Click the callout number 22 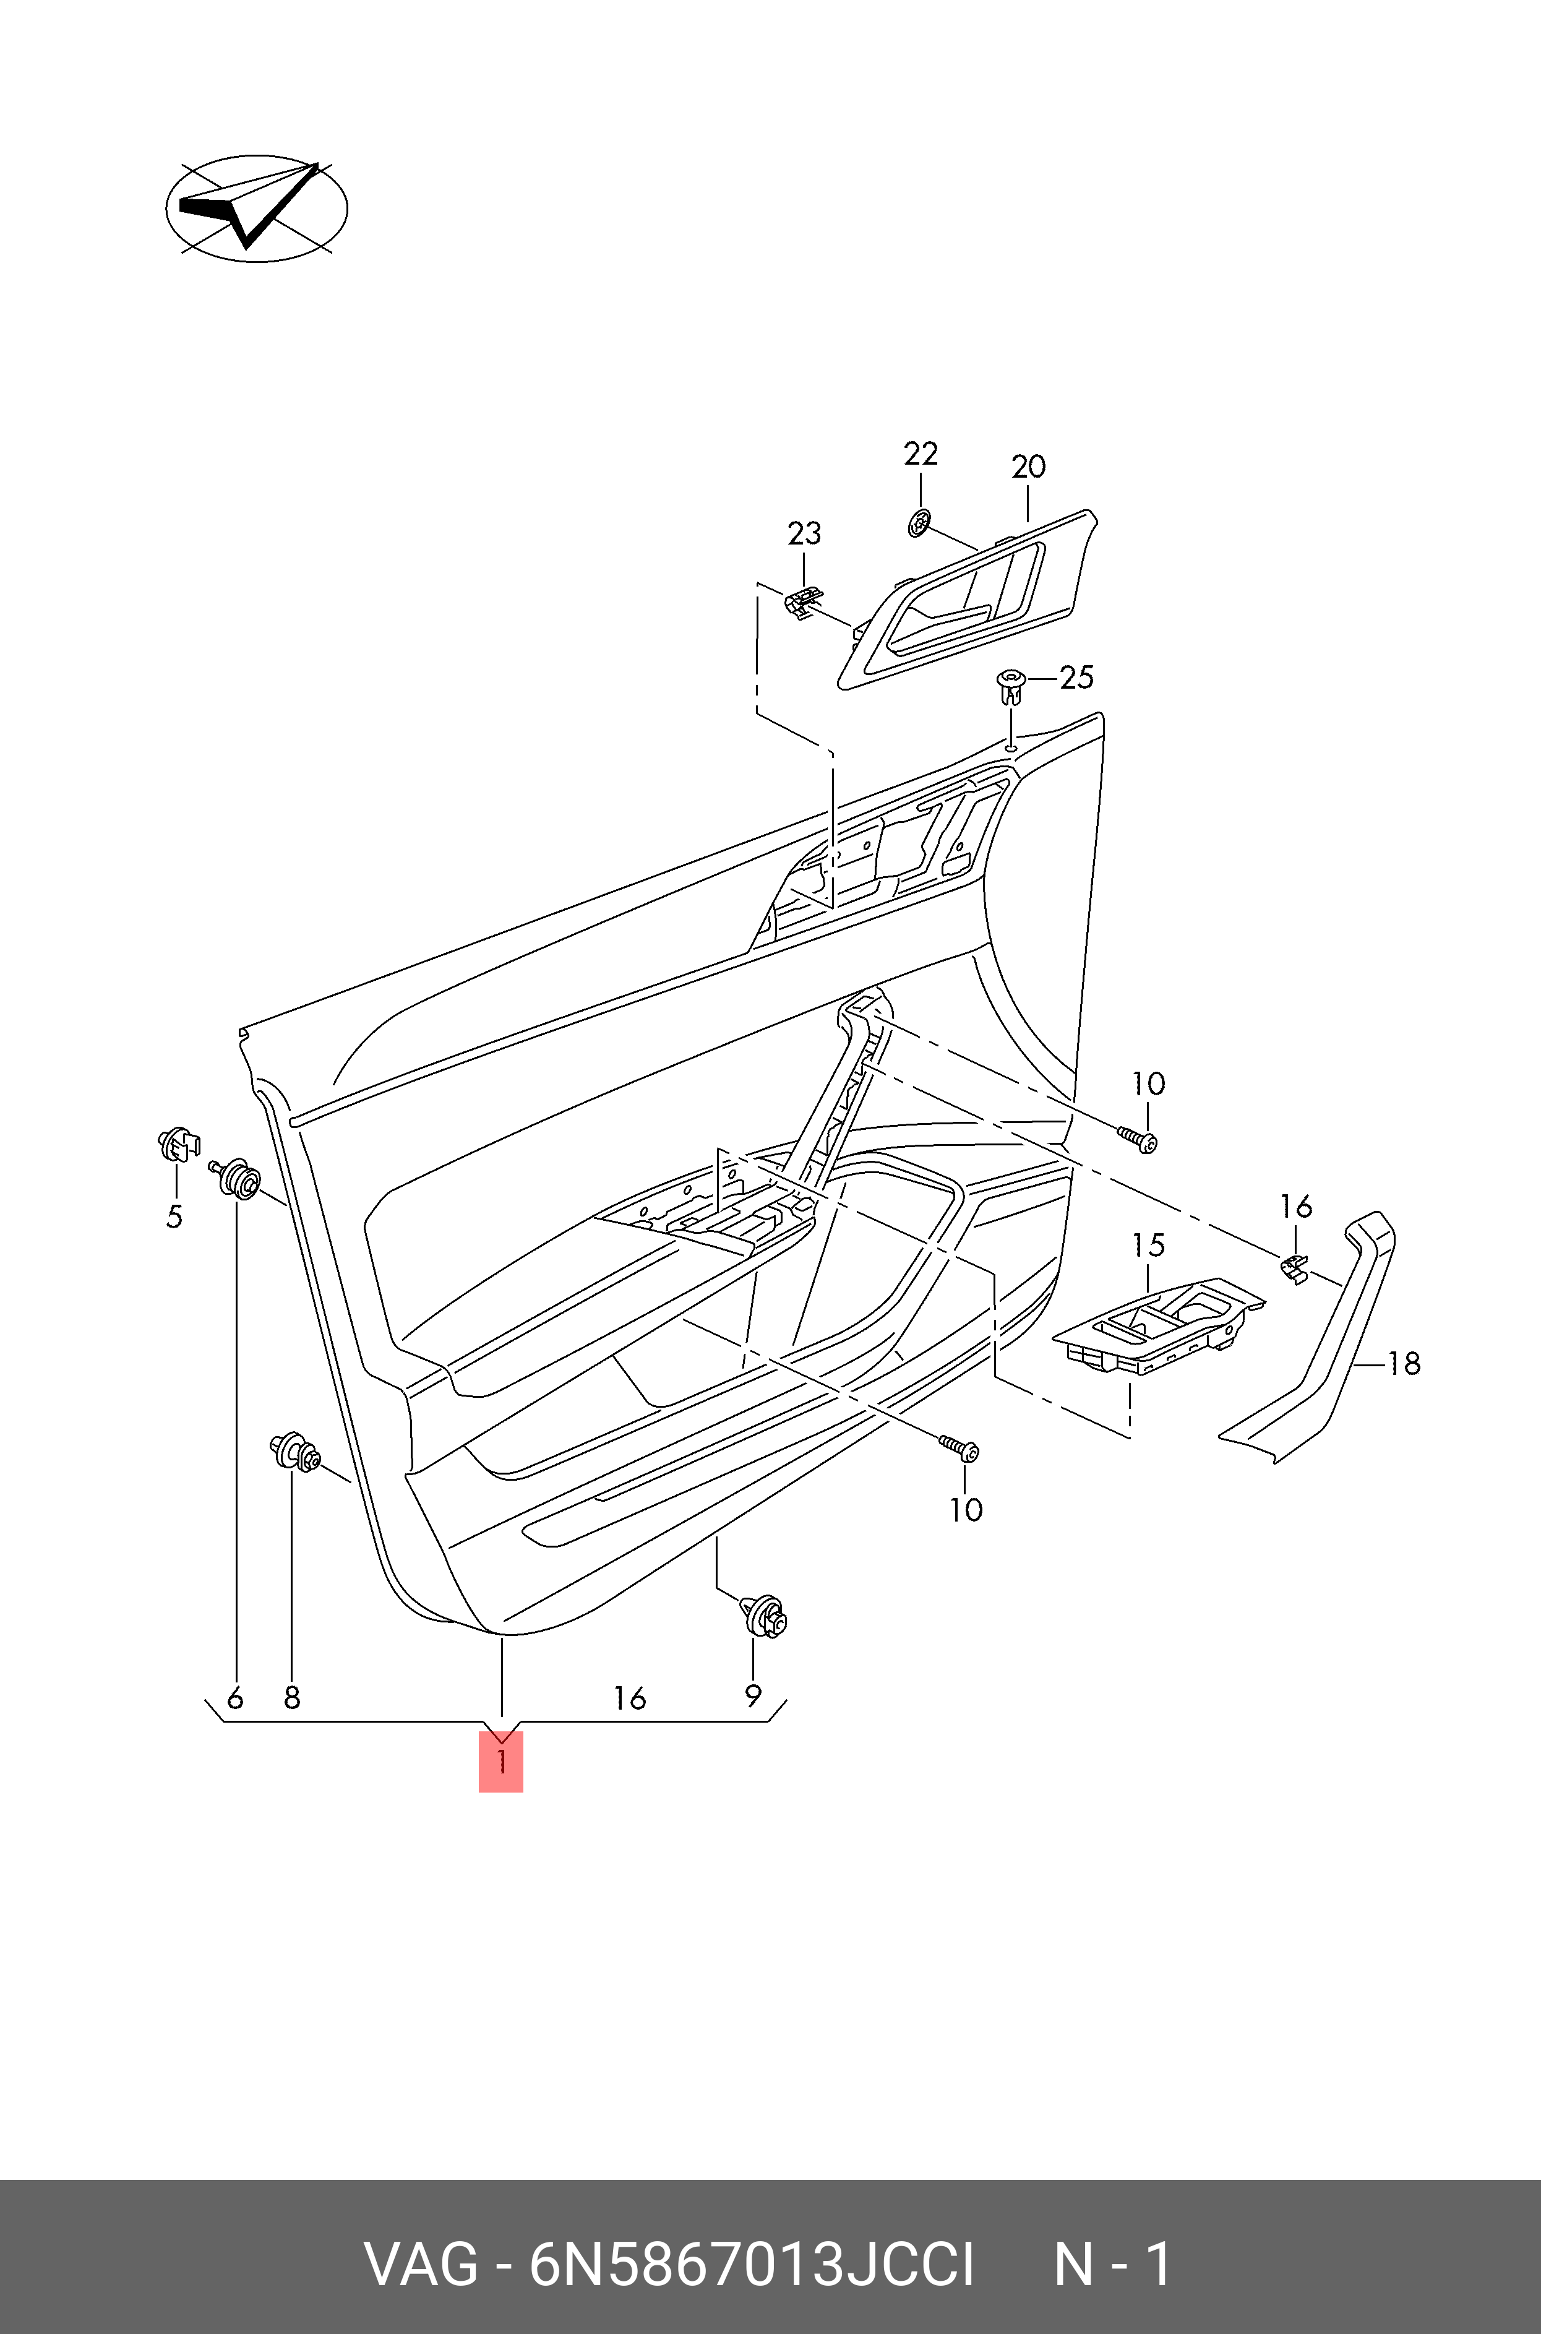pyautogui.click(x=921, y=454)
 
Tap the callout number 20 pyautogui.click(x=1028, y=467)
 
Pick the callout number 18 pyautogui.click(x=1404, y=1363)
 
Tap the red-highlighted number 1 pyautogui.click(x=501, y=1762)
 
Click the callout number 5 pyautogui.click(x=174, y=1217)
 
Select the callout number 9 pyautogui.click(x=753, y=1696)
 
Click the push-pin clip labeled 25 pyautogui.click(x=1010, y=686)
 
